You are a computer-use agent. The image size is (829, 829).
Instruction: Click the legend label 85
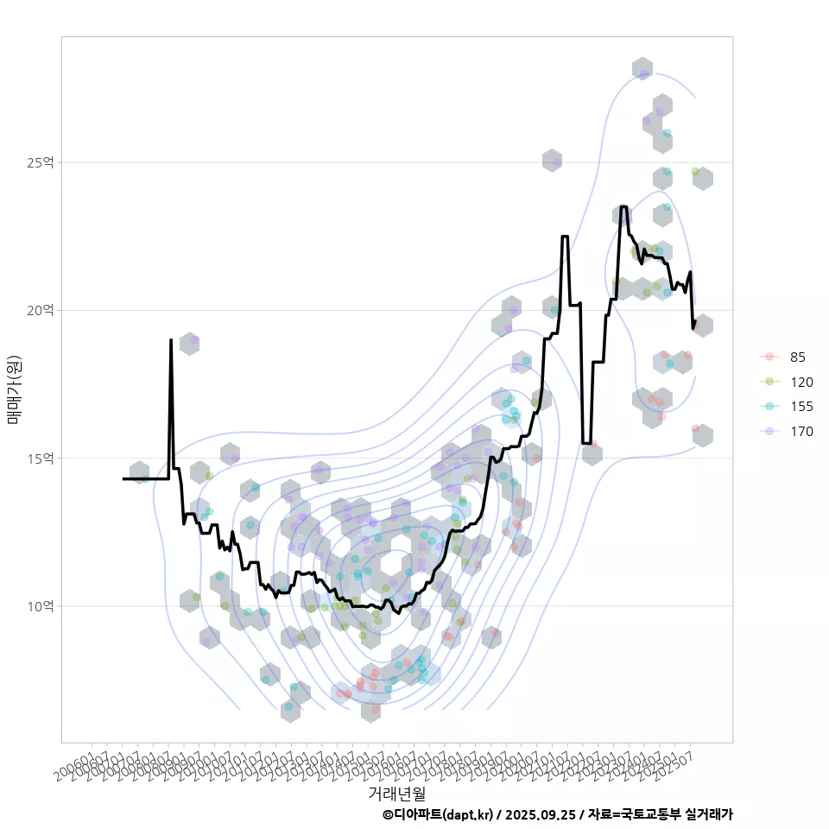(797, 358)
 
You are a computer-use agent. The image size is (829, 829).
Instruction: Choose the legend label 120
(801, 382)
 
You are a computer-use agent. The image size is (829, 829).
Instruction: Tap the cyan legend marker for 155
(768, 407)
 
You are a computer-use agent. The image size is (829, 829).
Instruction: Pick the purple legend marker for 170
(768, 431)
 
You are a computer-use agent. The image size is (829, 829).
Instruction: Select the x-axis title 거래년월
(396, 792)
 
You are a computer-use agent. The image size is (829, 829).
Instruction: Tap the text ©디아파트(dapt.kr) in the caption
(439, 814)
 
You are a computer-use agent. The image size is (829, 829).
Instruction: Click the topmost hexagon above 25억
(642, 69)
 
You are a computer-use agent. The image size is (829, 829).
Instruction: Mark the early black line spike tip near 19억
(171, 340)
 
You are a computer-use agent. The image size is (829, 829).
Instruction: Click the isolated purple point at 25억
(557, 161)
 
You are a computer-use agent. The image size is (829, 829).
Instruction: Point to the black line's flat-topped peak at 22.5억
(565, 236)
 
